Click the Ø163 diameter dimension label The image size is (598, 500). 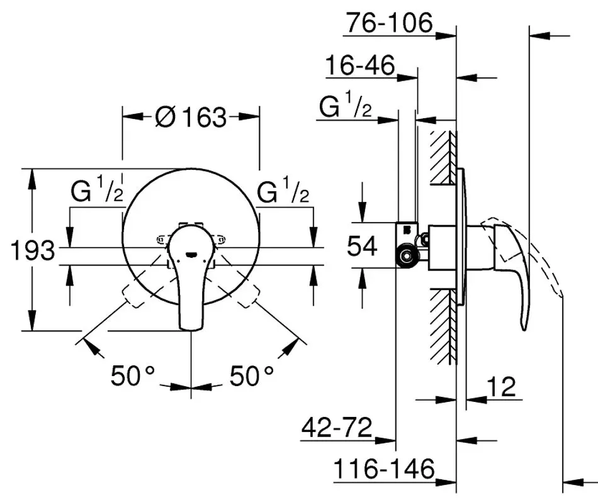coord(190,117)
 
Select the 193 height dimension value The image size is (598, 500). coord(33,250)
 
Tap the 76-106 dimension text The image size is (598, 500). coord(390,24)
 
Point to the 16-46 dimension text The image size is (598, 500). coord(360,65)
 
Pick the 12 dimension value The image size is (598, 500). coord(501,386)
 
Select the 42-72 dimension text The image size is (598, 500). coord(337,428)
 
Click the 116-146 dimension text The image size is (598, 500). coord(384,469)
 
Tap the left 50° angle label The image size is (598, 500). coord(133,376)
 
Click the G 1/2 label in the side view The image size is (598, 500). coord(345,108)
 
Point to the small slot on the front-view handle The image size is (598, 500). coord(191,255)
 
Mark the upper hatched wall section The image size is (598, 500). coord(443,157)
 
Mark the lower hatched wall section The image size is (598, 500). coord(443,324)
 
